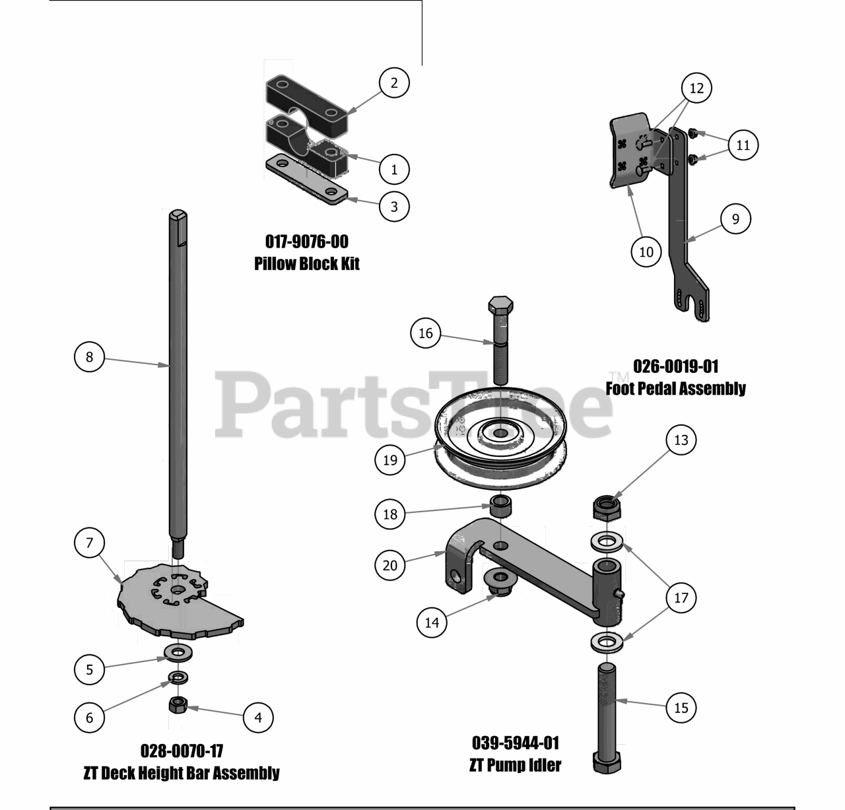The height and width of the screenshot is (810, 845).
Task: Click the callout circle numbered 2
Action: pyautogui.click(x=394, y=83)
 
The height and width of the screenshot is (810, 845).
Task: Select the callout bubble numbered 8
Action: pyautogui.click(x=89, y=357)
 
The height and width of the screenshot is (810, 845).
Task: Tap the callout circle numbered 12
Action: pyautogui.click(x=696, y=88)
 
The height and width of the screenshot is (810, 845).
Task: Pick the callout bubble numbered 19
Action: pyautogui.click(x=390, y=460)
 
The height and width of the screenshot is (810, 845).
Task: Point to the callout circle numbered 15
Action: pyautogui.click(x=681, y=708)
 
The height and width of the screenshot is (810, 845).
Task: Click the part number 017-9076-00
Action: pyautogui.click(x=306, y=242)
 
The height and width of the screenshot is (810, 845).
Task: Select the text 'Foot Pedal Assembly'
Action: pyautogui.click(x=675, y=388)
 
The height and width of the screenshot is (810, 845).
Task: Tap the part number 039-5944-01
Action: pyautogui.click(x=516, y=743)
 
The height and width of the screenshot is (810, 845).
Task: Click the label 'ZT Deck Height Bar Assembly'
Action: pyautogui.click(x=182, y=773)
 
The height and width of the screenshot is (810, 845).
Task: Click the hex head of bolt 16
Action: pyautogui.click(x=500, y=305)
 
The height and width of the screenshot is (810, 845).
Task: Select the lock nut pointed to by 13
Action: pyautogui.click(x=607, y=508)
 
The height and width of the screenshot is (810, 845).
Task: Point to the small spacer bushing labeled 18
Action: pyautogui.click(x=500, y=505)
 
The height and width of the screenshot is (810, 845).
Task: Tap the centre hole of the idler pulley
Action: pyautogui.click(x=500, y=433)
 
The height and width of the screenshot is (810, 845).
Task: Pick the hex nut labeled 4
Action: pyautogui.click(x=178, y=704)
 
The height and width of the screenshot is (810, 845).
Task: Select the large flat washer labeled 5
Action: pyautogui.click(x=178, y=653)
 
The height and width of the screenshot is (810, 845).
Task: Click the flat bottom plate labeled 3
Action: pyautogui.click(x=306, y=180)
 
